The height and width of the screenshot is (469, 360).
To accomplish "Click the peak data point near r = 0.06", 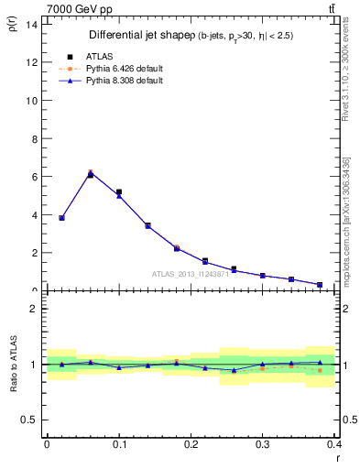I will pyautogui.click(x=90, y=174).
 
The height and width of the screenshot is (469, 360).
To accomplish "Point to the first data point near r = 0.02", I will pyautogui.click(x=61, y=218).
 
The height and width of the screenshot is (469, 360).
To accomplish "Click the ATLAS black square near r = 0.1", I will pyautogui.click(x=119, y=192).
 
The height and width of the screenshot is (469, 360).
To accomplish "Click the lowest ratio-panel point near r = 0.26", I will pyautogui.click(x=234, y=370).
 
